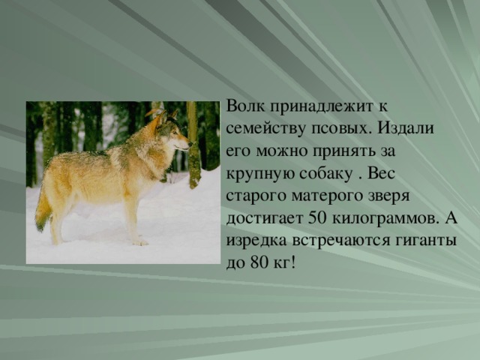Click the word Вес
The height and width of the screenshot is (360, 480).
(x=382, y=173)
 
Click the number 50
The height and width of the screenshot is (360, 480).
(x=316, y=217)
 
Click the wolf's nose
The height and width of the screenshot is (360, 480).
(x=190, y=143)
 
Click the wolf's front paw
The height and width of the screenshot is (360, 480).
(x=139, y=242)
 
